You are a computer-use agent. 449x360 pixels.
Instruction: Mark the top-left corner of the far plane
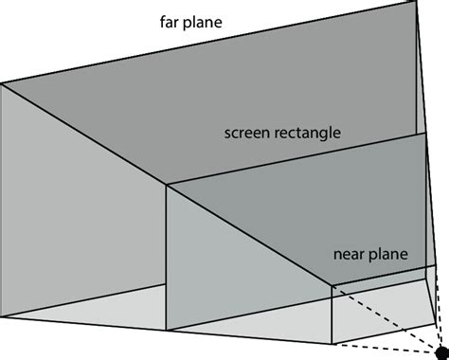pos(2,83)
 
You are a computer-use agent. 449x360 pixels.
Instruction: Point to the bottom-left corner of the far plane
pos(2,316)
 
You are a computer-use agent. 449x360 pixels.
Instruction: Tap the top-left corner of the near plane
pos(332,284)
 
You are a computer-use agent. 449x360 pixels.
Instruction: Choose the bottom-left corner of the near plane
pos(332,344)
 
